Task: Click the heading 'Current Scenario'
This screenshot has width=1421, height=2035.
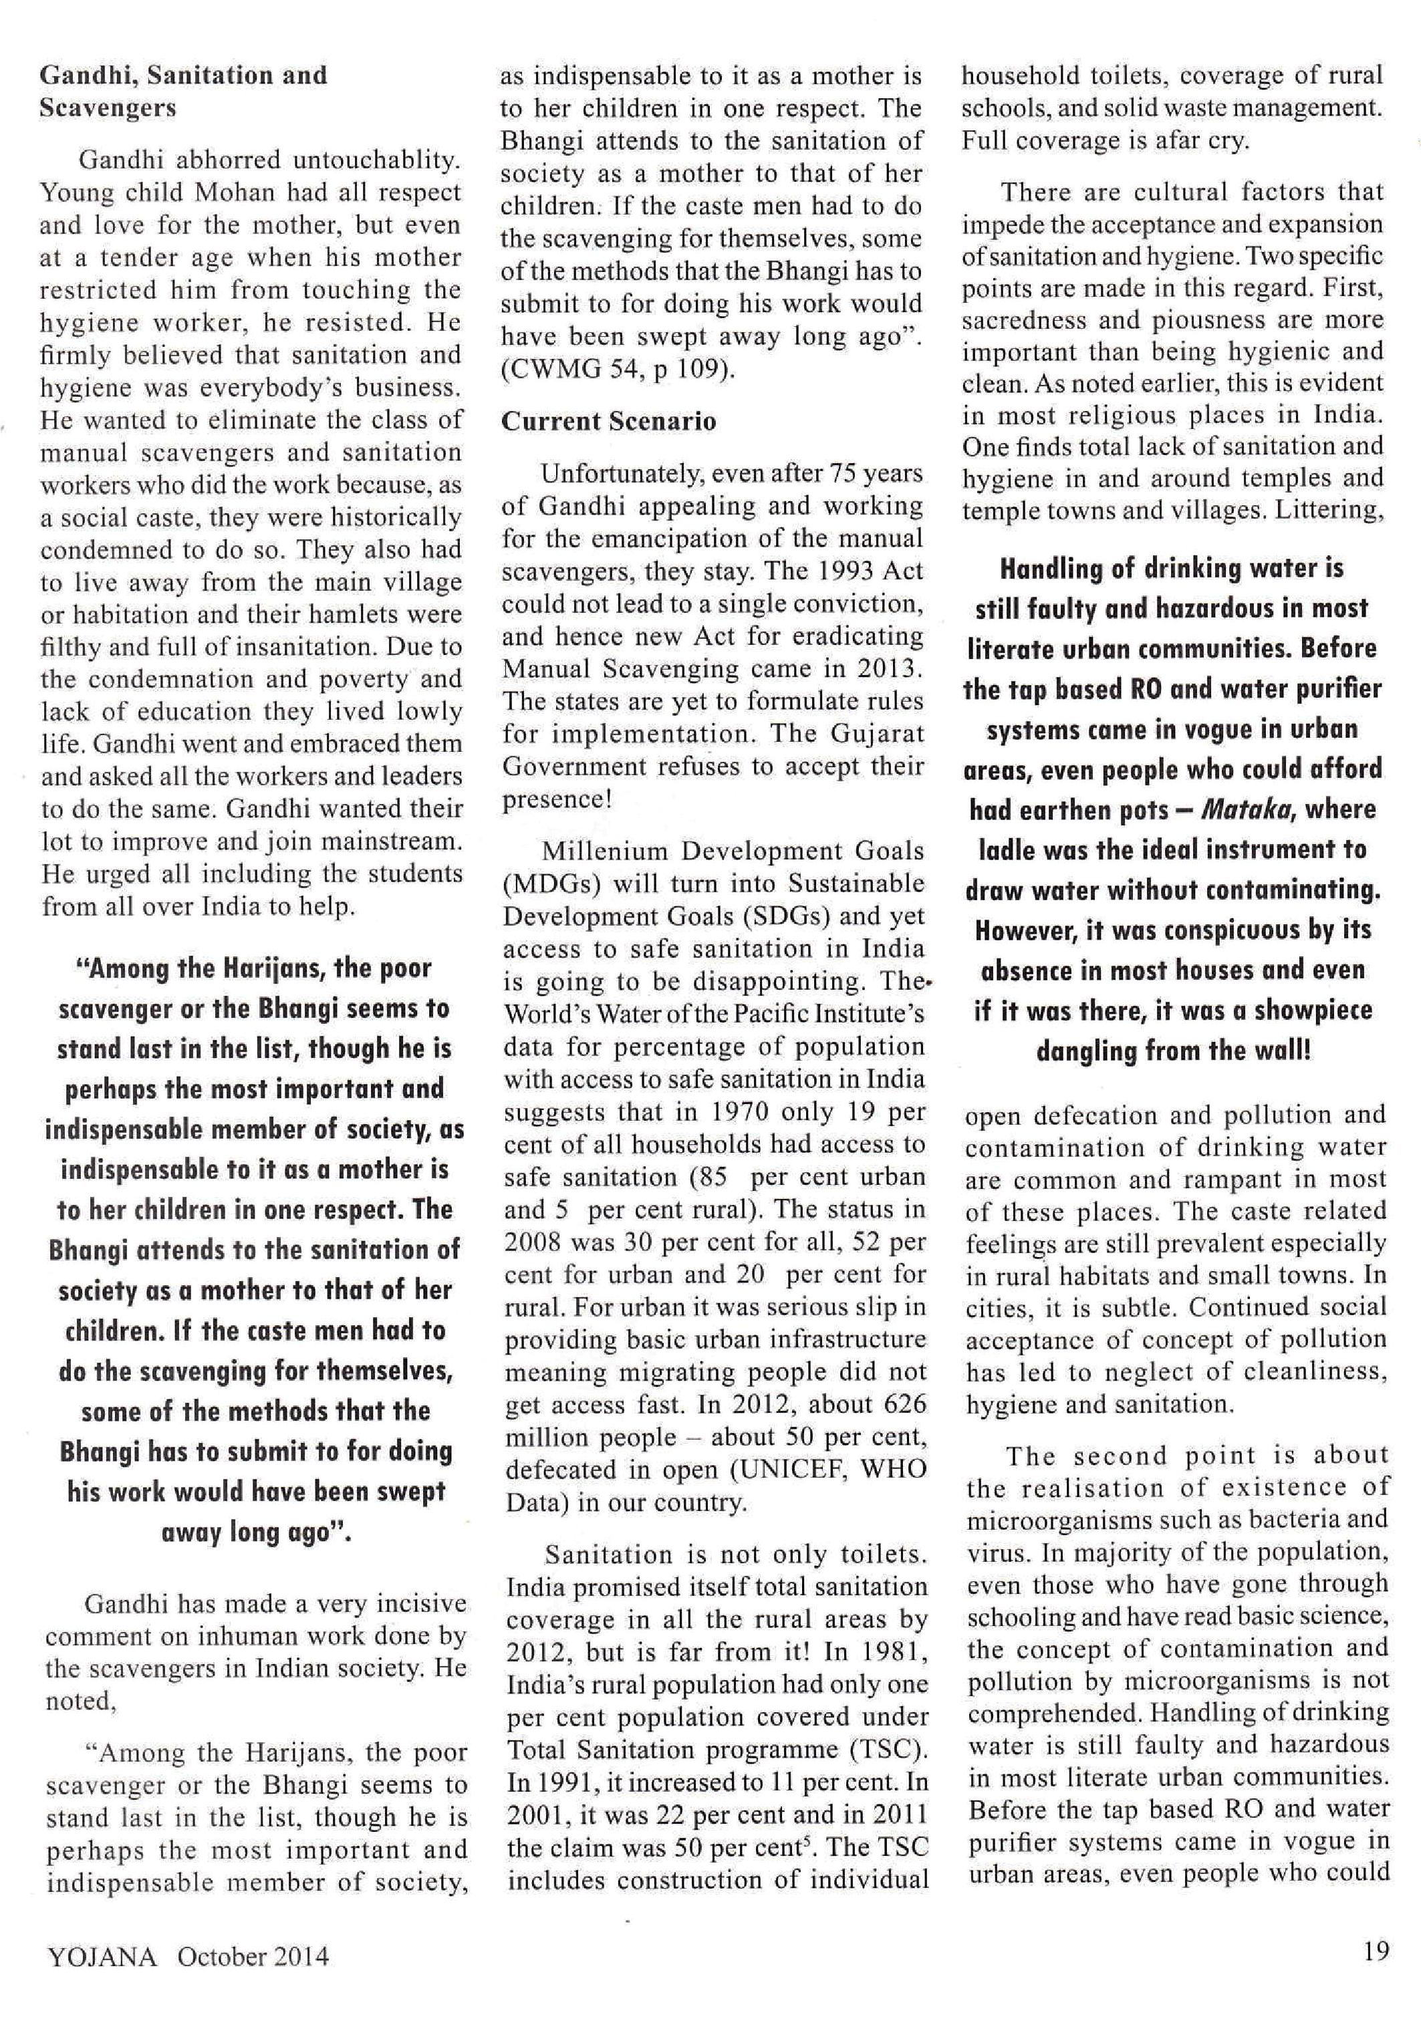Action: point(608,421)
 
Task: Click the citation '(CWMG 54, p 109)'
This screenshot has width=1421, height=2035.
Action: point(618,370)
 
